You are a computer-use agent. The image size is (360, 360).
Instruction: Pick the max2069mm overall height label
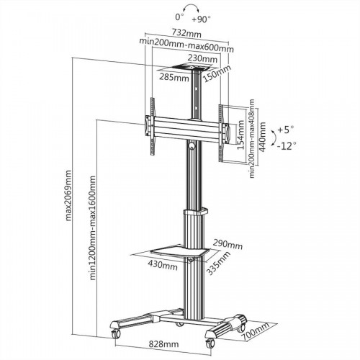[68, 196]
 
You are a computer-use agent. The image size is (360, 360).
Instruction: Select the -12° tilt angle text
[286, 148]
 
